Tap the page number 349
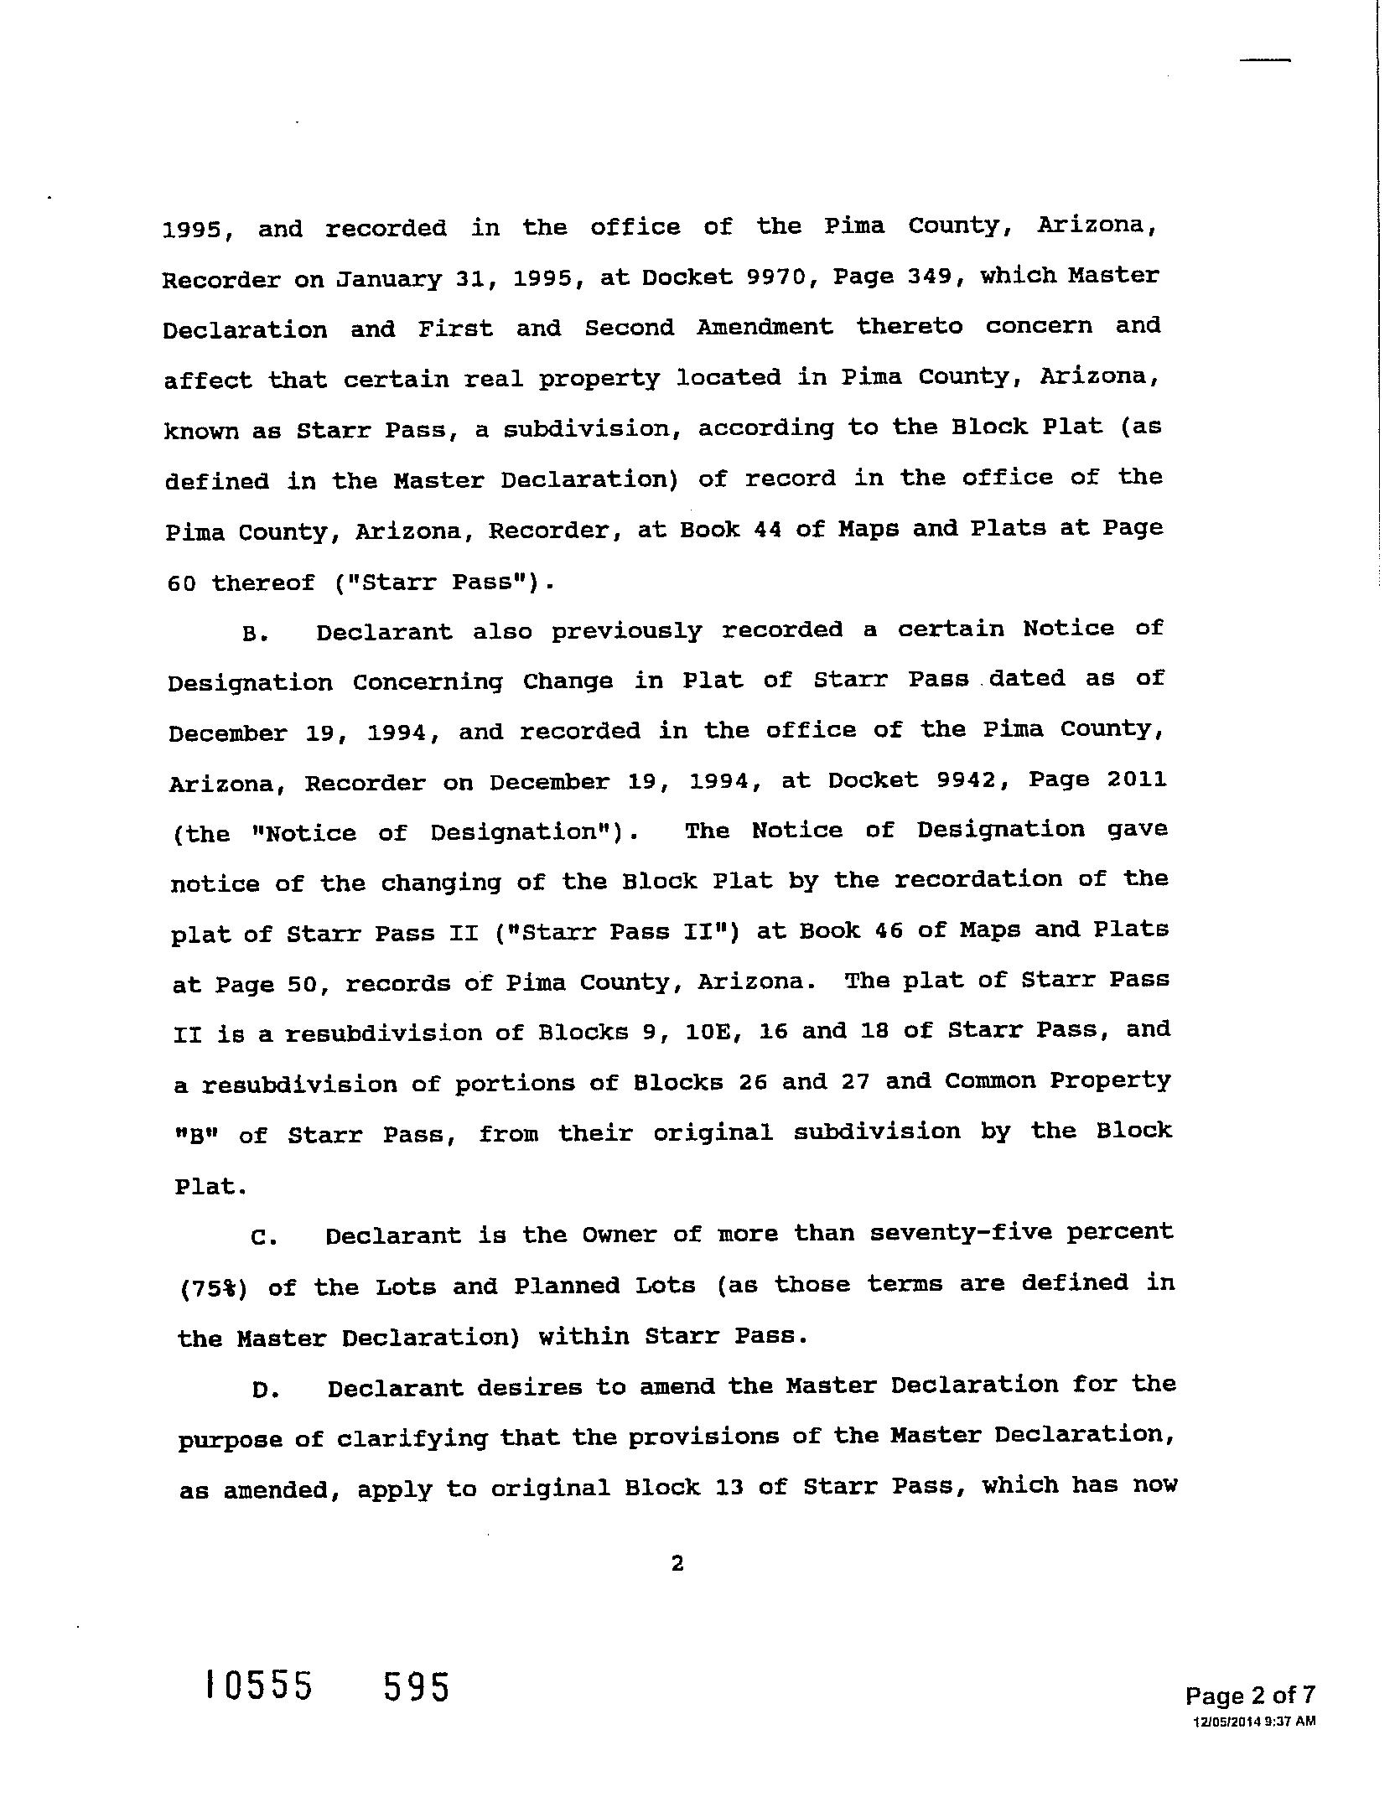tap(923, 276)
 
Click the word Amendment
tap(764, 327)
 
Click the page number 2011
tap(1135, 779)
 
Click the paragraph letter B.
tap(254, 634)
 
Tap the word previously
tap(625, 631)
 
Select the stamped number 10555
tap(258, 1686)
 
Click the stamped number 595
tap(417, 1686)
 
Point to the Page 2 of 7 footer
tap(1249, 1696)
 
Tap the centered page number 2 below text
tap(677, 1563)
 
